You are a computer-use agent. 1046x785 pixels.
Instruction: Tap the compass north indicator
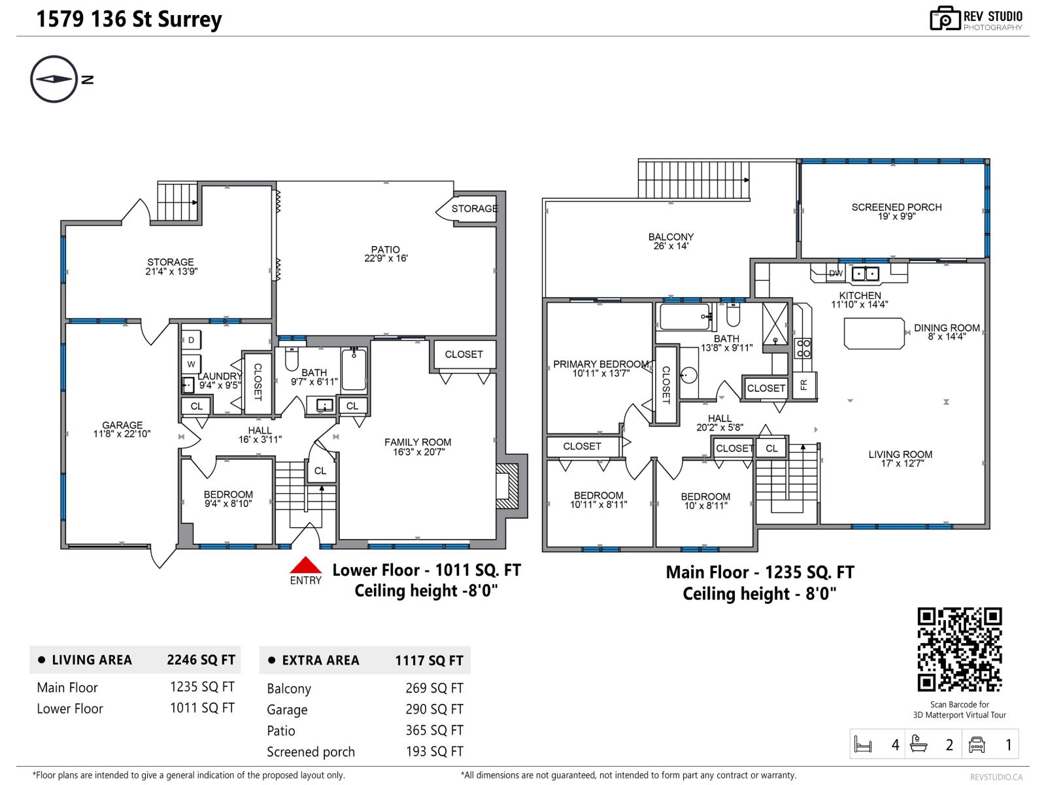(x=54, y=79)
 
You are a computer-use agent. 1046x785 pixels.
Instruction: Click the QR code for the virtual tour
(x=959, y=649)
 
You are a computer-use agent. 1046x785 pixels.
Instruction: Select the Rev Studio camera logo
(x=945, y=18)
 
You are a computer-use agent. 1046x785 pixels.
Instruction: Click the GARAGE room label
(x=122, y=425)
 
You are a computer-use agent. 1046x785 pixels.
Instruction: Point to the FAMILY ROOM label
(x=418, y=442)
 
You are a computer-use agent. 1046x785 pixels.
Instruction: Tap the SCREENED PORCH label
(x=896, y=207)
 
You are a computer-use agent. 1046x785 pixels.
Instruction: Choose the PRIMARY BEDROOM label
(x=601, y=364)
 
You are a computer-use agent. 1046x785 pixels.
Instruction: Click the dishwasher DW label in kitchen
(x=835, y=273)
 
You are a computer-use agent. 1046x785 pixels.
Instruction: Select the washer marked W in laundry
(x=191, y=364)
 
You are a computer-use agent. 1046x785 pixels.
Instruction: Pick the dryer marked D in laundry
(x=191, y=340)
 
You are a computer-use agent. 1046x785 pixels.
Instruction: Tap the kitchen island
(x=874, y=334)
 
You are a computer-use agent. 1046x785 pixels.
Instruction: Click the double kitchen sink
(x=865, y=273)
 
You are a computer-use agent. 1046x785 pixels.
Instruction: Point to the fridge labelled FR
(x=804, y=384)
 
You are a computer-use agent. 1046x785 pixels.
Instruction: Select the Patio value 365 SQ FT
(x=434, y=730)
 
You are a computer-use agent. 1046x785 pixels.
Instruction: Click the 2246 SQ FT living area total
(x=201, y=659)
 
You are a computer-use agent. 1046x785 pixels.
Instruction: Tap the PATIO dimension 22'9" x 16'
(x=386, y=258)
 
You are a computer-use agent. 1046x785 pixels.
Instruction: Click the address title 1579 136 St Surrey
(x=129, y=20)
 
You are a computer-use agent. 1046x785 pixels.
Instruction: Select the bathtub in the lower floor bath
(x=354, y=370)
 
